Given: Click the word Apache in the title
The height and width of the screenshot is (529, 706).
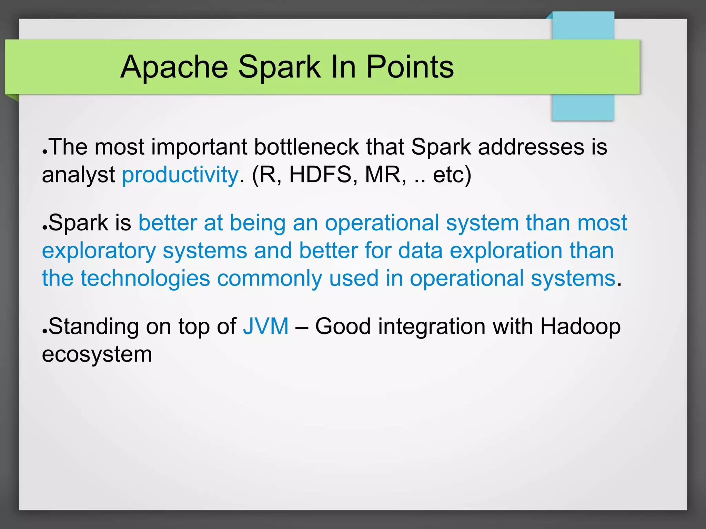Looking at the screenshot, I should (174, 67).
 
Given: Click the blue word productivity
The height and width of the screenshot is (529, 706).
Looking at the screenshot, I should (180, 175).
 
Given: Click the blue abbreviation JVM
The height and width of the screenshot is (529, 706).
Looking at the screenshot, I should (265, 326).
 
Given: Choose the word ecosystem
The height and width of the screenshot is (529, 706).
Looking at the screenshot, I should (97, 355).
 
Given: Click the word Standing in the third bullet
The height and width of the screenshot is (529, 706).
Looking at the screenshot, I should (93, 326).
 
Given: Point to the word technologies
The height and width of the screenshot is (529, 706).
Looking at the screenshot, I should (145, 279).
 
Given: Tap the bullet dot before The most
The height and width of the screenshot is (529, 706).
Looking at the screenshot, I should (44, 152).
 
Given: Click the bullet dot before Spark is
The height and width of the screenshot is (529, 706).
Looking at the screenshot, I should (44, 228).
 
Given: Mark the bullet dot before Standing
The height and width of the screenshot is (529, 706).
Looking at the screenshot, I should (44, 331).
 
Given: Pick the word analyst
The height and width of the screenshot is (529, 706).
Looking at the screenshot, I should (78, 175).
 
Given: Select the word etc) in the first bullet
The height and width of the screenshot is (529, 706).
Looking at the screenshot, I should (452, 175).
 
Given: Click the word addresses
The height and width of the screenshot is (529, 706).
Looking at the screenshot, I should (531, 147).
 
